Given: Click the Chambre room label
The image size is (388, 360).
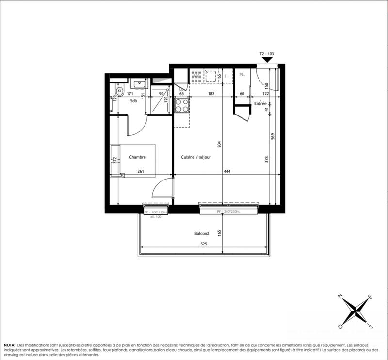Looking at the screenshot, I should pyautogui.click(x=137, y=157).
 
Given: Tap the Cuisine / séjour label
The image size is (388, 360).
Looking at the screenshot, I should pyautogui.click(x=195, y=157).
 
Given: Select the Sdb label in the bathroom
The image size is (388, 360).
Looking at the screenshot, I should pyautogui.click(x=133, y=101).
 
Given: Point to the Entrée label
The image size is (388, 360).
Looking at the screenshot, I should pyautogui.click(x=260, y=104).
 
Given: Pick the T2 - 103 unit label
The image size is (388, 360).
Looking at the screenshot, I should pyautogui.click(x=267, y=55).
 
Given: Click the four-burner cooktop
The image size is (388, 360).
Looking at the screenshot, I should pyautogui.click(x=181, y=105).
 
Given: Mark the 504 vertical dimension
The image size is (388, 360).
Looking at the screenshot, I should pyautogui.click(x=219, y=144).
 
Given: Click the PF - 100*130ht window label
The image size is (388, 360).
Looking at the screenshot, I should pyautogui.click(x=156, y=212).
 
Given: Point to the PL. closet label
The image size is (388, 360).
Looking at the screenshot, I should pyautogui.click(x=242, y=75).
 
